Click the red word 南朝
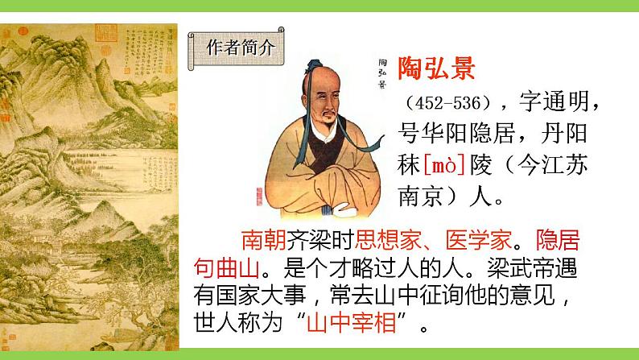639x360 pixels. coord(259,242)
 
